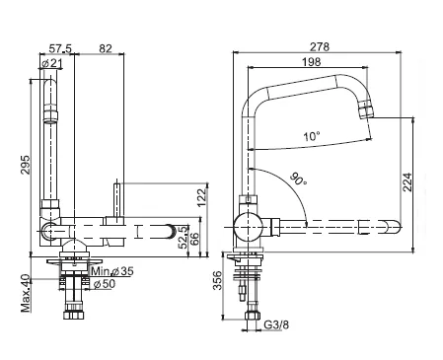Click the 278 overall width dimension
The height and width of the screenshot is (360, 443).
(x=319, y=47)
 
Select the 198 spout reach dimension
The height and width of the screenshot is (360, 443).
(x=311, y=62)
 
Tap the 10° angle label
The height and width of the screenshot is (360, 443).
(x=312, y=136)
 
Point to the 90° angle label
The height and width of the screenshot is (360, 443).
(x=298, y=180)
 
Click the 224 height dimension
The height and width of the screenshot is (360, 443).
(x=407, y=181)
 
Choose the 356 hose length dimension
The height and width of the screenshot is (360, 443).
(x=217, y=280)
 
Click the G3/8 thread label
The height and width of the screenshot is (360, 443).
(x=276, y=325)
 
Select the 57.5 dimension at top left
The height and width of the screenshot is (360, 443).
(x=60, y=48)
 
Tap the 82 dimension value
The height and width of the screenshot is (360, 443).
(x=106, y=48)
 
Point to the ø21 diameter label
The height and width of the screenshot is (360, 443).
(x=52, y=63)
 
